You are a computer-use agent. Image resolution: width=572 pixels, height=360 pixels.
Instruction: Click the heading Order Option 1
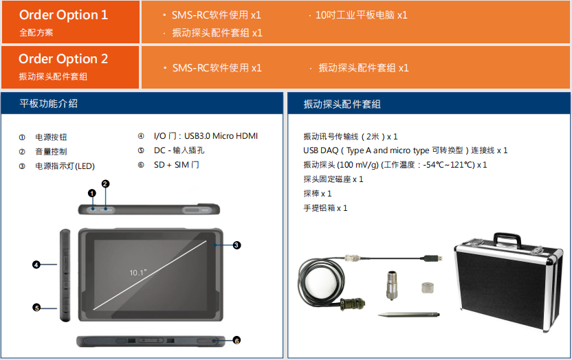tap(63, 15)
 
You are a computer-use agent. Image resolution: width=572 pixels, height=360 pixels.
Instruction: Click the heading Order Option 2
tap(63, 58)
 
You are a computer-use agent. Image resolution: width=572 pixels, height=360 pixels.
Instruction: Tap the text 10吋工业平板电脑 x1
tap(361, 15)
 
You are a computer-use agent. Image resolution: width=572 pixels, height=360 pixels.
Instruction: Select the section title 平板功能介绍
tap(49, 104)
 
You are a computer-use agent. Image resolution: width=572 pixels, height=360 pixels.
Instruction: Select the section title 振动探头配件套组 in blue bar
tap(342, 104)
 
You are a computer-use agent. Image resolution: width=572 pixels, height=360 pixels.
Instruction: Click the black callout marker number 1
tap(92, 193)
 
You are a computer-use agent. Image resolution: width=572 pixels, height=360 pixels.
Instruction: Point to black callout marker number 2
tap(105, 183)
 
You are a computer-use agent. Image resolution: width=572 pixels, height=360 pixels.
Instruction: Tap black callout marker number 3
tap(236, 245)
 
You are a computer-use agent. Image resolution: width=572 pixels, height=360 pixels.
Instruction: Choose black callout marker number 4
tap(36, 265)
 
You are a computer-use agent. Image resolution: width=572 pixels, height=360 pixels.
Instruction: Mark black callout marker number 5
tap(36, 308)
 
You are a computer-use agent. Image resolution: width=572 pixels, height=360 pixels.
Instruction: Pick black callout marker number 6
tap(236, 341)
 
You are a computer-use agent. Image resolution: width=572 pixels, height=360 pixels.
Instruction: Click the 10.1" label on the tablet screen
tap(138, 273)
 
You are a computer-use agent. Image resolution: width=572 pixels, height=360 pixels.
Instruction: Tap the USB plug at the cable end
tap(434, 259)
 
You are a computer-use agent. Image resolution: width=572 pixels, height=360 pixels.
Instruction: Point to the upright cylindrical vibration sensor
tap(392, 285)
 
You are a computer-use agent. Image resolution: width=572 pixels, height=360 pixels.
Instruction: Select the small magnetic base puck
tap(427, 287)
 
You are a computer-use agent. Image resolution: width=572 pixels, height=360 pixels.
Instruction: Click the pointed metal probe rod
tap(408, 315)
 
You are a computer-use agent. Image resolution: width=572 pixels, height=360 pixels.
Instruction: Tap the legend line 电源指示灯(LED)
tap(65, 166)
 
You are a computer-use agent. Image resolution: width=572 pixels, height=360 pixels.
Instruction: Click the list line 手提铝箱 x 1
tap(325, 208)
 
